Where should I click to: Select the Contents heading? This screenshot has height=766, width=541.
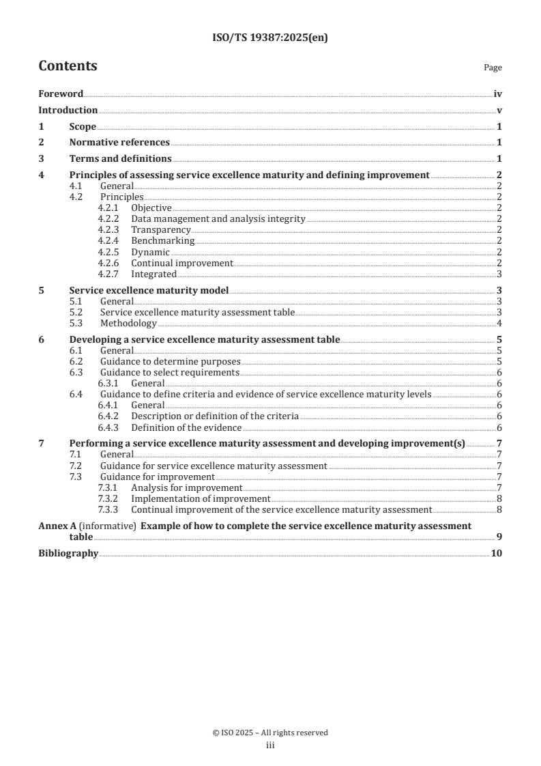68,66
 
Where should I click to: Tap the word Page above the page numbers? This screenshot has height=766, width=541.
493,68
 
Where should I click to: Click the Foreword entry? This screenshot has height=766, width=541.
61,94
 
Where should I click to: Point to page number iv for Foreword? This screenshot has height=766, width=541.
498,94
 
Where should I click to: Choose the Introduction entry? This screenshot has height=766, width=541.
68,111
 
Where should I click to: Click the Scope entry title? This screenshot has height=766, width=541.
83,126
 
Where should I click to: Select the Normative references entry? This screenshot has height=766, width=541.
119,143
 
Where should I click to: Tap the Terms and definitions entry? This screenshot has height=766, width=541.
120,159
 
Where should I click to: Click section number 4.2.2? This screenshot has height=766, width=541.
109,219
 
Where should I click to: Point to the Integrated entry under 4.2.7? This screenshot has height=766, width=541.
153,274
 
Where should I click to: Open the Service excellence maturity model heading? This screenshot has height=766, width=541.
149,290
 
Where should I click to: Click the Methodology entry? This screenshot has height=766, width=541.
128,323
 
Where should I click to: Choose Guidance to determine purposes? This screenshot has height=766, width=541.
171,361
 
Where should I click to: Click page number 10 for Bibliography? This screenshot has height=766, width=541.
497,553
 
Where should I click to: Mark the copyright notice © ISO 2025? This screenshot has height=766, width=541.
270,733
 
